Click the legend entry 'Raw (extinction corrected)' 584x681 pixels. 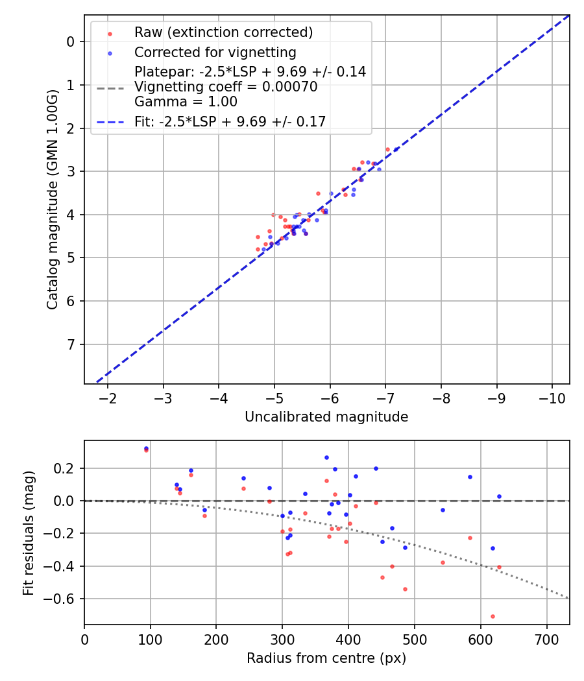point(223,32)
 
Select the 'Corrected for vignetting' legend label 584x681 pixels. point(215,53)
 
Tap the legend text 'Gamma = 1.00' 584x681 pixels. point(186,102)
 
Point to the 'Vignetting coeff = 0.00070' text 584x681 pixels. point(226,87)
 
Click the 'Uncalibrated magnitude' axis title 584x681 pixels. point(326,417)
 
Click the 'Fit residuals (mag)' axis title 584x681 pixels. point(28,533)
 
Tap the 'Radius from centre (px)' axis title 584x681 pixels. point(326,658)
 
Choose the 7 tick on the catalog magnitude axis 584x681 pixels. point(72,344)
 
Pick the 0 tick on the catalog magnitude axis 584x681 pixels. point(72,42)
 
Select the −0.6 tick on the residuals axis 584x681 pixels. point(64,599)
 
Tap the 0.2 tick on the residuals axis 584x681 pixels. point(67,468)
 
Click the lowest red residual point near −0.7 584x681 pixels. point(493,616)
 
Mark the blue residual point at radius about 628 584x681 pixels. point(499,496)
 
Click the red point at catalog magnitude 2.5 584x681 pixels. point(387,149)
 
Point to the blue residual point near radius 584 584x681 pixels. point(470,477)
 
